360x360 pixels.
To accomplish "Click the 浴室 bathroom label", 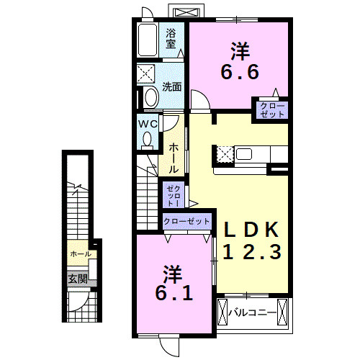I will coord(171,37).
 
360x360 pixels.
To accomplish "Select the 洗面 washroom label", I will coord(171,87).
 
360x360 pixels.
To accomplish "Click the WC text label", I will coord(148,124).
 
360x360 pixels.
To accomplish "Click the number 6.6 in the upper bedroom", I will coord(239,72).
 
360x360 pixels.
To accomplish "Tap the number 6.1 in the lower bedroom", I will coord(171,294).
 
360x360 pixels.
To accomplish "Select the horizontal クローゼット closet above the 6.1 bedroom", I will coord(186,222).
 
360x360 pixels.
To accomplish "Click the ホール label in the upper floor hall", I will coord(174,158).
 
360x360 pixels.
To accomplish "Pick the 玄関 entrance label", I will coord(77,278).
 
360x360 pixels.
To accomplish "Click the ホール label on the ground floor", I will coord(80,255).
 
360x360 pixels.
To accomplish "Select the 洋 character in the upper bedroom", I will coord(240,51).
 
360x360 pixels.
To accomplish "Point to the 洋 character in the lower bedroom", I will coord(171,274).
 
